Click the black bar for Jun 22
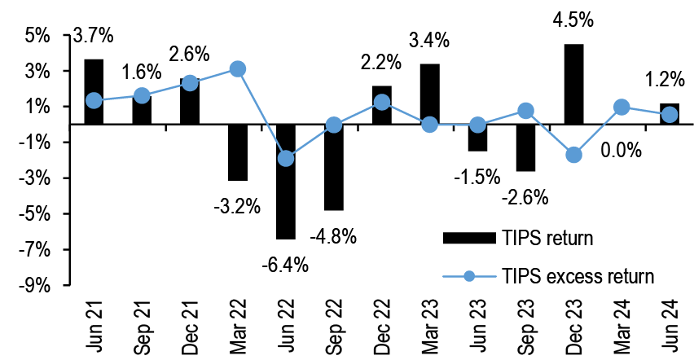click(x=286, y=182)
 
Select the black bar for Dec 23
click(x=573, y=84)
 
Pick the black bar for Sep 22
click(x=334, y=167)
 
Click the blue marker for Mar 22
click(x=238, y=69)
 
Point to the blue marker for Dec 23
click(x=573, y=155)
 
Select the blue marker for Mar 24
click(x=622, y=107)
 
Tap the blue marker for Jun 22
click(x=286, y=158)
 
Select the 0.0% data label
click(x=622, y=151)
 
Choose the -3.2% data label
click(x=239, y=205)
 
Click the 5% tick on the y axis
click(x=37, y=36)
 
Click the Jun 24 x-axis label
click(x=670, y=323)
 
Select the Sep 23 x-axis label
click(x=526, y=323)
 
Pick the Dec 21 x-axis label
click(x=191, y=323)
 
